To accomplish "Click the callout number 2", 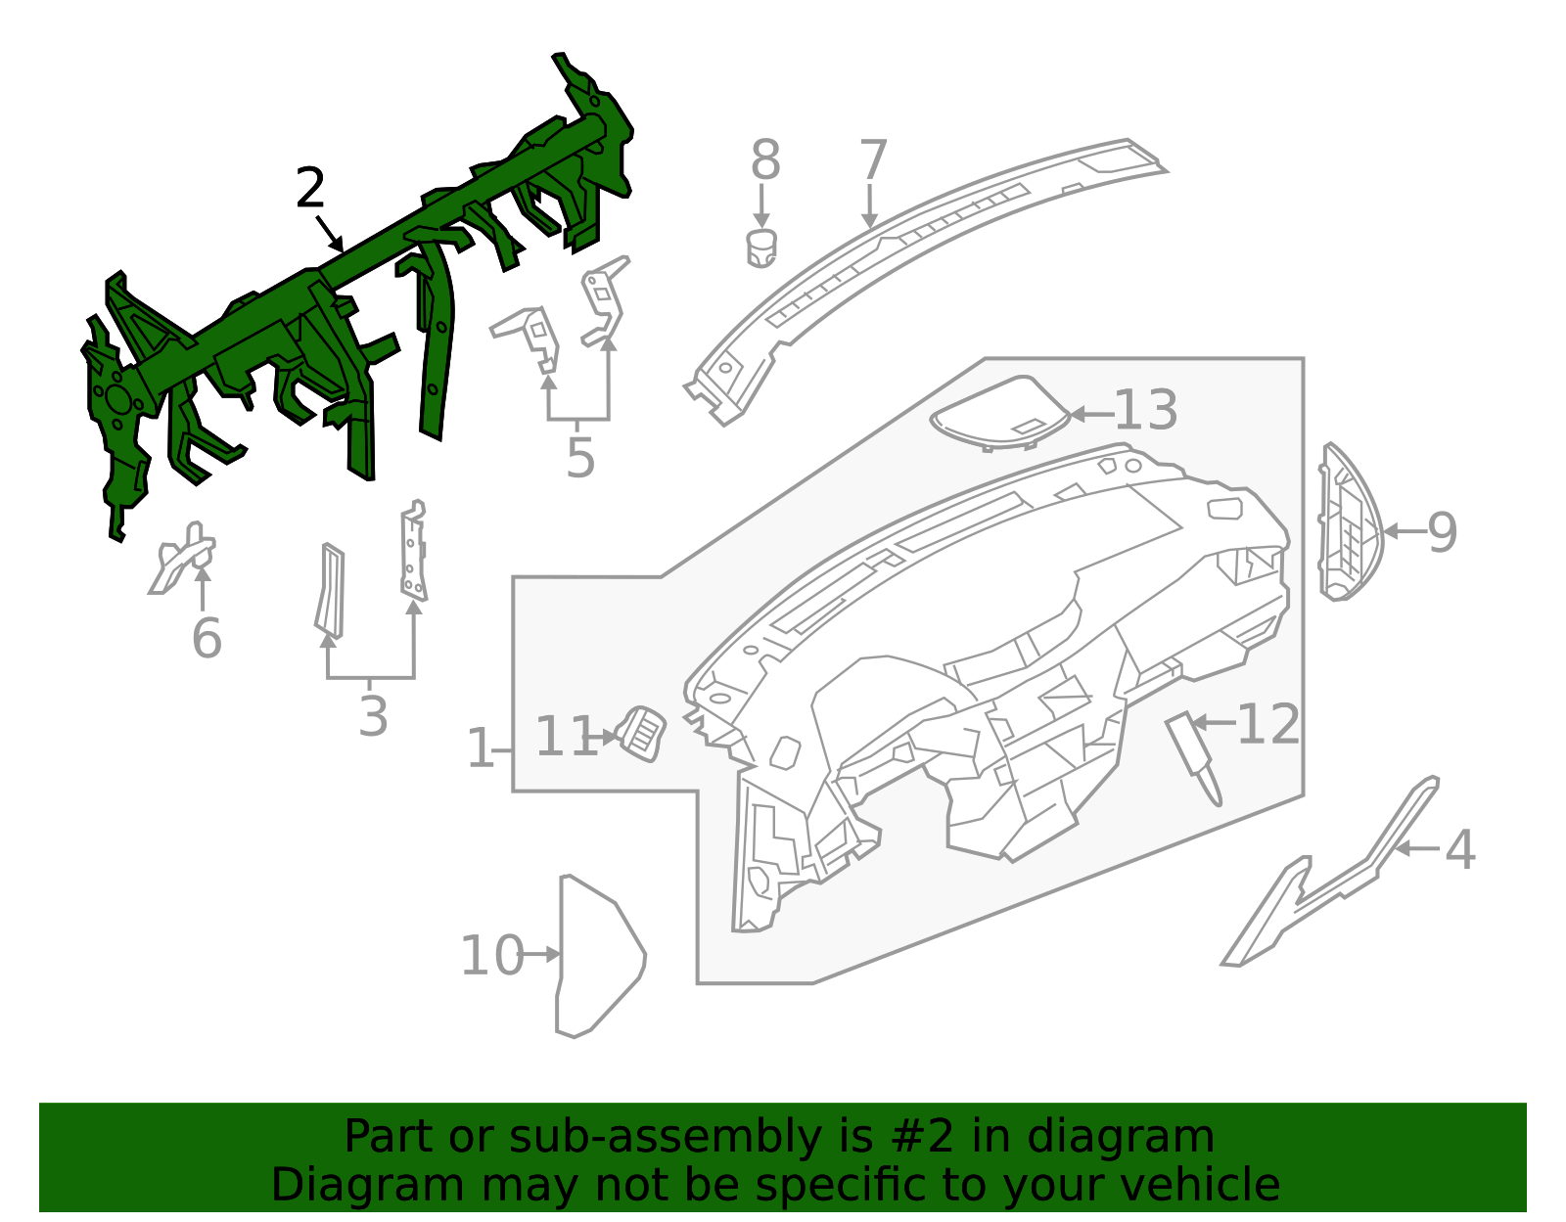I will click(310, 188).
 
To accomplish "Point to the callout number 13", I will click(1146, 410).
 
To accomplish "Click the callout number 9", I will click(1442, 532).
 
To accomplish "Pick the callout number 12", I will click(1268, 724).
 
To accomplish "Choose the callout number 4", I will click(1459, 849).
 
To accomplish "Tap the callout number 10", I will click(492, 956).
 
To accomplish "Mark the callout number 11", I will click(566, 737).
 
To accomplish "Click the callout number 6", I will click(207, 638).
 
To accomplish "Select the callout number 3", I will click(373, 716).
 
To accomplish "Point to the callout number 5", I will click(580, 457).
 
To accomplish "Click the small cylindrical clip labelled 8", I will click(761, 248).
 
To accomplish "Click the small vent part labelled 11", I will click(641, 732).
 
